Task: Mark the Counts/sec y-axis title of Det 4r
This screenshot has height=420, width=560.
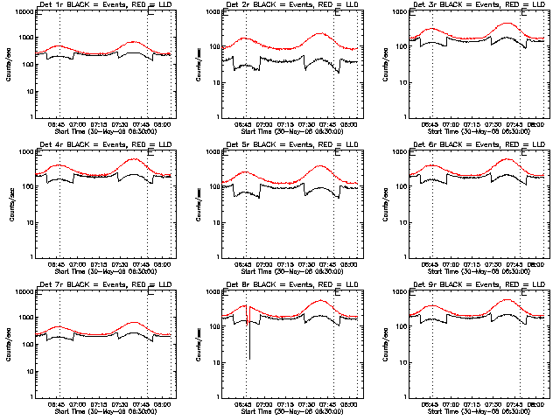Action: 10,204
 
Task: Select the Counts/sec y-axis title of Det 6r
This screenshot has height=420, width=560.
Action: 384,204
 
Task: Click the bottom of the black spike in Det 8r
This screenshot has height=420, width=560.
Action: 248,359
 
